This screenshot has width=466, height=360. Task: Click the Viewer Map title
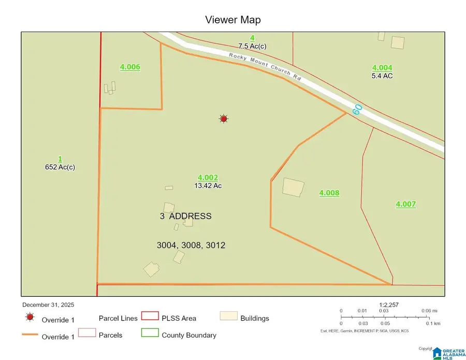(232, 20)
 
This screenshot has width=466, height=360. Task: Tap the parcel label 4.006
(130, 67)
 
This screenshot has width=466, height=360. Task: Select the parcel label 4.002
(208, 177)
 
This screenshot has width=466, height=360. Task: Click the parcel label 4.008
(329, 193)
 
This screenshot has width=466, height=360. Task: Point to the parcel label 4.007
(406, 204)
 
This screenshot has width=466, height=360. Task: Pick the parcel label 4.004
(382, 67)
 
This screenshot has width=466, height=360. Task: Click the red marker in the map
(223, 119)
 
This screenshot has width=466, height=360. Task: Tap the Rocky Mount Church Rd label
(266, 66)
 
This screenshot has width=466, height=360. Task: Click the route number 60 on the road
(357, 109)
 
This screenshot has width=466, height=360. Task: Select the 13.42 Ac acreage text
(208, 185)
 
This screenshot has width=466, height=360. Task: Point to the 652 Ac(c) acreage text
(60, 167)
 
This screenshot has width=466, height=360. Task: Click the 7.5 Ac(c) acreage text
(252, 47)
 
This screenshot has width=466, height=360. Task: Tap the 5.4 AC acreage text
(382, 76)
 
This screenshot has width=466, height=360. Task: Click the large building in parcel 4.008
(293, 187)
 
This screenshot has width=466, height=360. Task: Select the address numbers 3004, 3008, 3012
(191, 245)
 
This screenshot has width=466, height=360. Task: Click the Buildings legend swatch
(228, 316)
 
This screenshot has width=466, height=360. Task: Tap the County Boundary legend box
(150, 334)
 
